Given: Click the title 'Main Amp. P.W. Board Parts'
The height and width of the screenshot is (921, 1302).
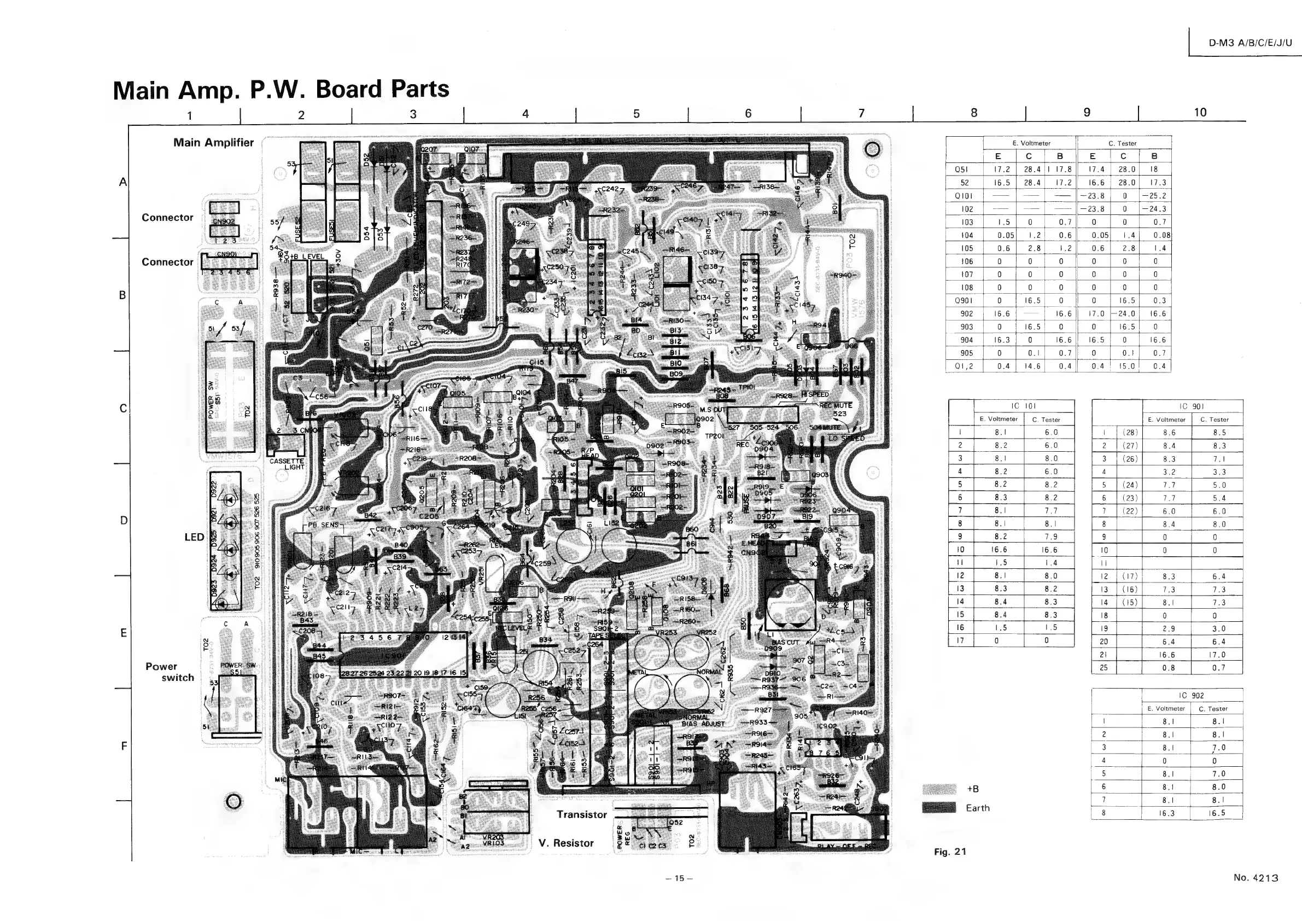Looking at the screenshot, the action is tap(281, 90).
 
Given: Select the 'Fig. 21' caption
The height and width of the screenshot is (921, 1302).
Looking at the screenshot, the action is tap(950, 851).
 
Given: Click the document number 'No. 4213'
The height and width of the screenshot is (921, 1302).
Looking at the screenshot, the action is tap(1256, 877).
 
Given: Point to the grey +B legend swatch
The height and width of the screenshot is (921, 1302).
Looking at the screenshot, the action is tap(939, 789).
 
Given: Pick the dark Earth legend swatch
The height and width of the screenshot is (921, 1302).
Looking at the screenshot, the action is tap(939, 808).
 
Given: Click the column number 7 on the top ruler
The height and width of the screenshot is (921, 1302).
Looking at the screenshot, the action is tap(861, 113).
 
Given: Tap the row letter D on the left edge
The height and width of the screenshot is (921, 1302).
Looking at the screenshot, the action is tap(122, 520).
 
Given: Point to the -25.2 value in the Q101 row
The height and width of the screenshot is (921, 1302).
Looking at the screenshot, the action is tap(1154, 196).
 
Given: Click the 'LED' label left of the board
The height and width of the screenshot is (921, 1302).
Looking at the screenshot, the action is tap(194, 537).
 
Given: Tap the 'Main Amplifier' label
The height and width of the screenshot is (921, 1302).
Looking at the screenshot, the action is tap(213, 143).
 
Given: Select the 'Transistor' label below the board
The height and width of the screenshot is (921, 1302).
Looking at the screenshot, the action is tap(581, 814).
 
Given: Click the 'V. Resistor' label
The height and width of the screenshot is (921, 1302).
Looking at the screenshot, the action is tap(566, 843).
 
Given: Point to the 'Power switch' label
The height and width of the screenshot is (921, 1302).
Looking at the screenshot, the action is tap(169, 672).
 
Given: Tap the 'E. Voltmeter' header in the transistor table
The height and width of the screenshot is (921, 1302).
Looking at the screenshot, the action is tap(1031, 143).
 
